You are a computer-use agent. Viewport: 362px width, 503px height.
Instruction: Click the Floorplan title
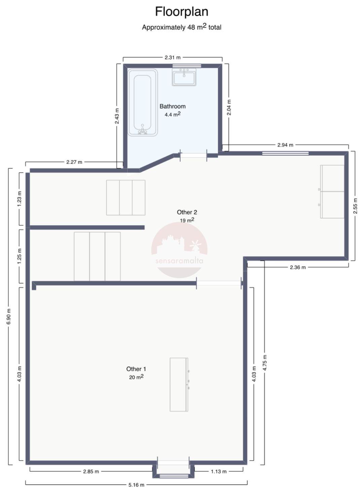pos(181,12)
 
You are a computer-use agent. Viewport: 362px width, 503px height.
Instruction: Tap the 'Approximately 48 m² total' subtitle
pos(181,27)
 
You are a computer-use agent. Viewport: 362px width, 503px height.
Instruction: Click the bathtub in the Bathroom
pos(143,102)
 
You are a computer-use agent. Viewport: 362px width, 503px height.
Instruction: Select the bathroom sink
pos(184,77)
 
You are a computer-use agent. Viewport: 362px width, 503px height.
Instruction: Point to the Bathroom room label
pos(173,106)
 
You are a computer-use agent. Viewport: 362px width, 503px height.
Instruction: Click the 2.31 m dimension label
pos(173,58)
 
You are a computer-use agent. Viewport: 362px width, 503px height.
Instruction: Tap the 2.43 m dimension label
pos(117,116)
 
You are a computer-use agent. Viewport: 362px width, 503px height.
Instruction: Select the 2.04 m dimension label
pos(229,107)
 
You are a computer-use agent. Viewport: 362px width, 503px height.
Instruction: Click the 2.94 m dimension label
pos(285,145)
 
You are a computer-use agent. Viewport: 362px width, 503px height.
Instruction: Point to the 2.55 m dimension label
pos(355,206)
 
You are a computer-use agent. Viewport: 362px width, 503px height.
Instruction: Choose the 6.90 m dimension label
pos(8,316)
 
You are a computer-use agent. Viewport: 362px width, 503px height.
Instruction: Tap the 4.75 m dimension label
pos(264,363)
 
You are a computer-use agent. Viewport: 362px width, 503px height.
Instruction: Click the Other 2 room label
pos(187,212)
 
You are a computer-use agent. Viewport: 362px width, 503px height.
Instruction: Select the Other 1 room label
pos(136,369)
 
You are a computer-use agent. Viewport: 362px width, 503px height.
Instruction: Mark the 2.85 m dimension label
pos(91,472)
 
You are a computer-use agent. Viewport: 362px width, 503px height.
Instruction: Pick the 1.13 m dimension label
pos(218,472)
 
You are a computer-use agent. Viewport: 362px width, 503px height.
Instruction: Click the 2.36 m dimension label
pos(297,267)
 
